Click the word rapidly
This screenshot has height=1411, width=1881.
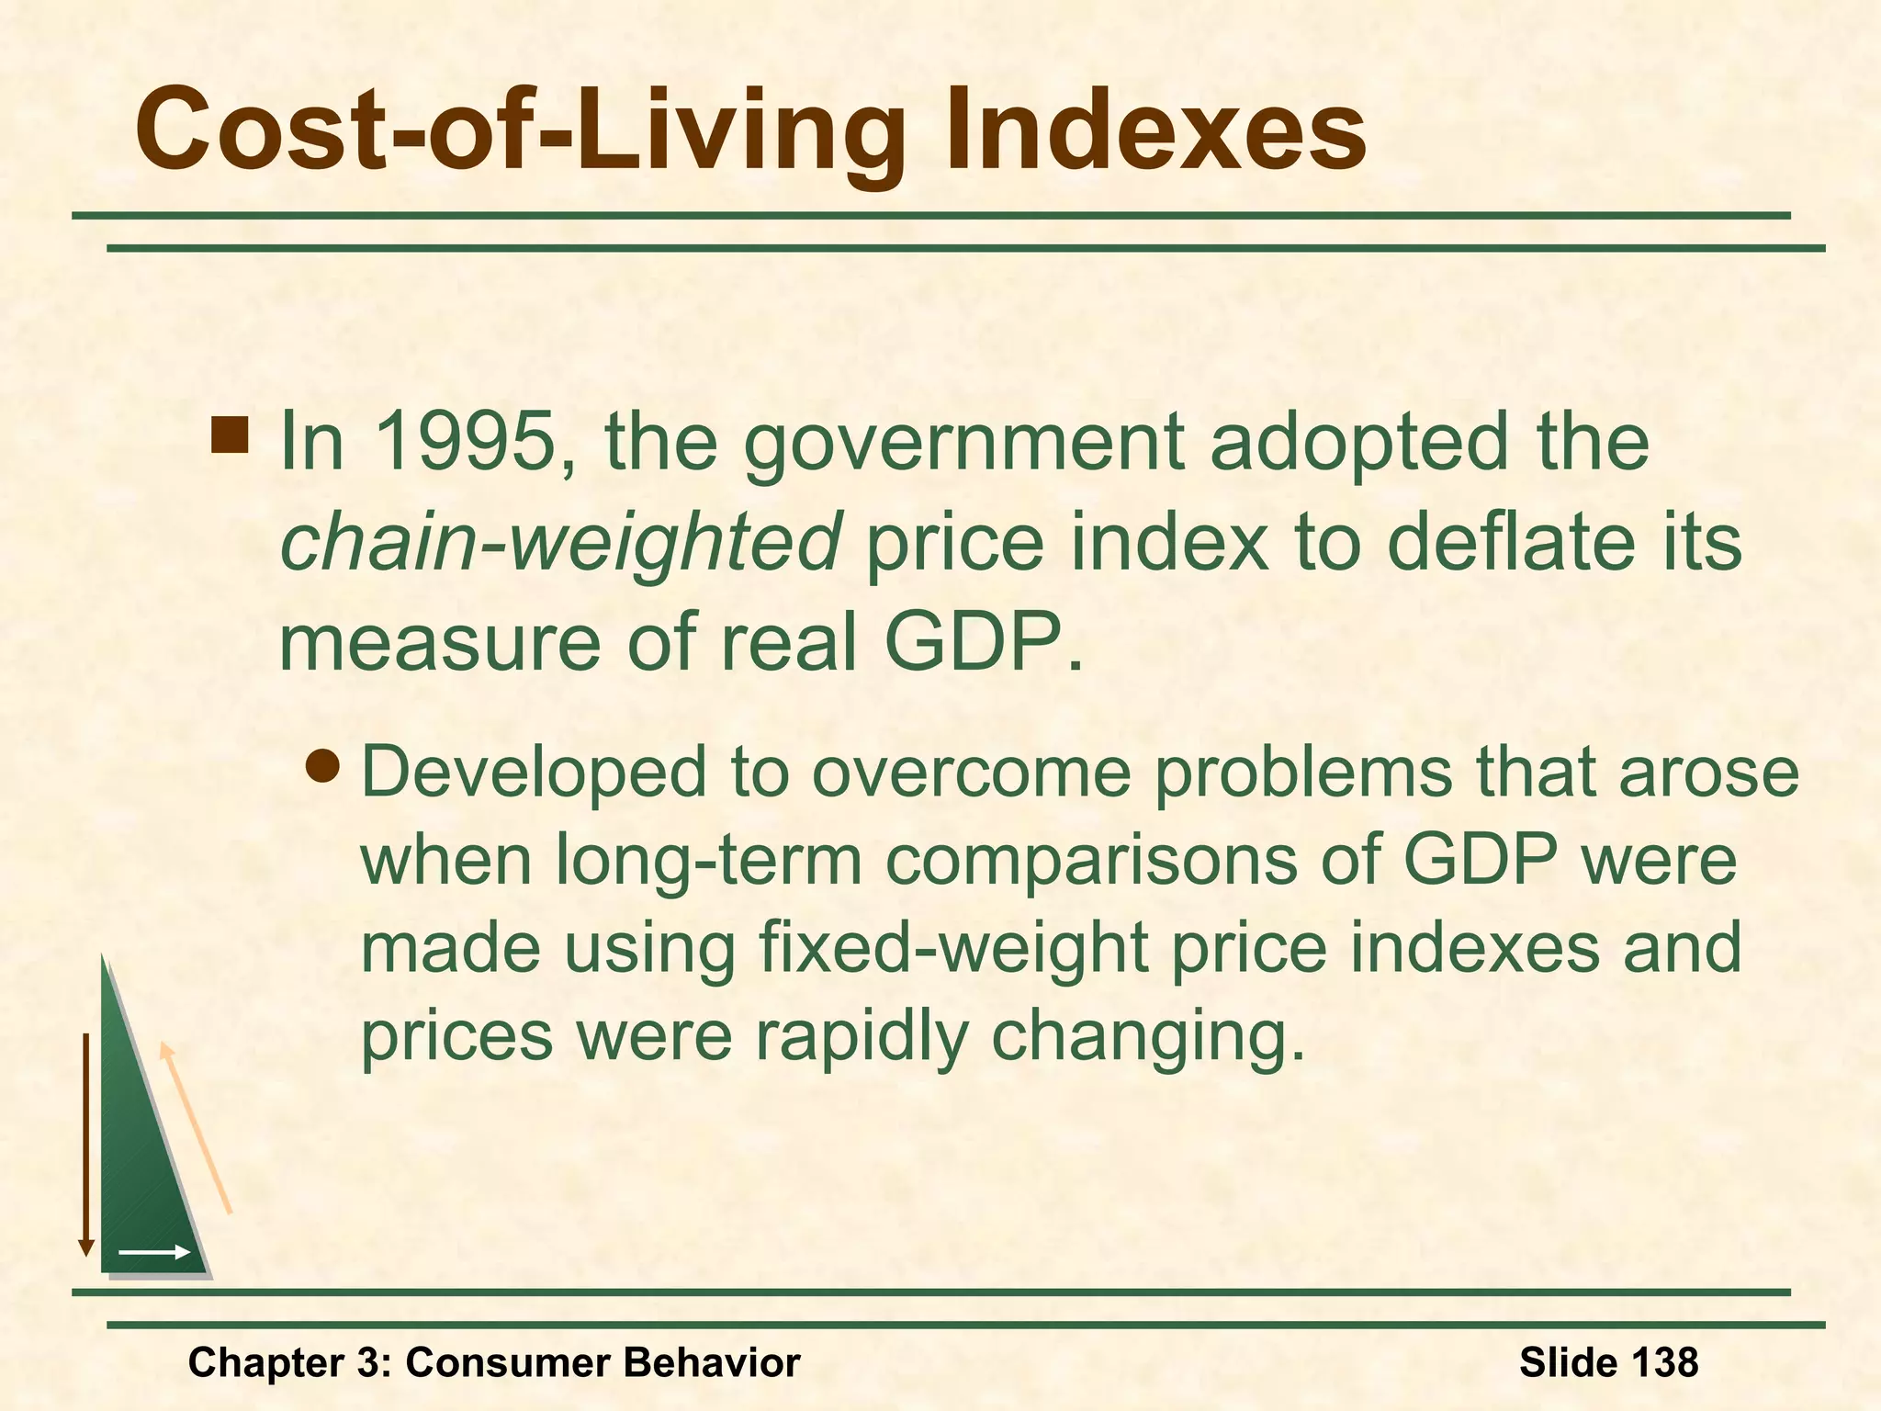863,1037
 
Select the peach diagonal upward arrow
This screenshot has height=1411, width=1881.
196,1128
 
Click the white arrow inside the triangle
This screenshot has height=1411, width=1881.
154,1252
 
